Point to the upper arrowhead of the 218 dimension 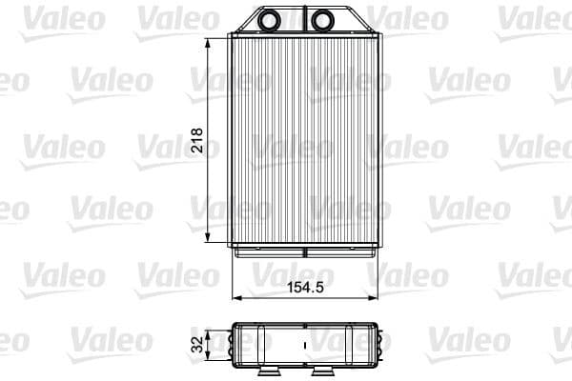[x=209, y=42]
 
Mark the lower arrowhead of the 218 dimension [x=209, y=243]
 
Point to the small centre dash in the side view [x=305, y=345]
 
